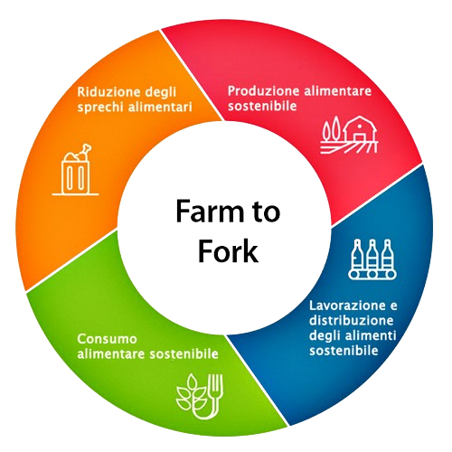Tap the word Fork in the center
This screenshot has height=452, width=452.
point(228,250)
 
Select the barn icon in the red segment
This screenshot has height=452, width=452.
point(349,135)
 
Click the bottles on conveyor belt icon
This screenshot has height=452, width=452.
point(372,259)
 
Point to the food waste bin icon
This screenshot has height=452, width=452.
point(75,170)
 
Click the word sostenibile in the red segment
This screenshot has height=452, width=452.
point(262,106)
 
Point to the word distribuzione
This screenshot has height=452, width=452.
point(352,320)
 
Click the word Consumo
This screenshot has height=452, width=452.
point(107,339)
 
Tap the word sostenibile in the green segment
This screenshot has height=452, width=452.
point(184,353)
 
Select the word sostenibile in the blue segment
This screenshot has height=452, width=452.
point(344,351)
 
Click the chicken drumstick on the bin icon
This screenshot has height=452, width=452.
point(84,151)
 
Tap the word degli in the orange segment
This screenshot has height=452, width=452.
point(160,92)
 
